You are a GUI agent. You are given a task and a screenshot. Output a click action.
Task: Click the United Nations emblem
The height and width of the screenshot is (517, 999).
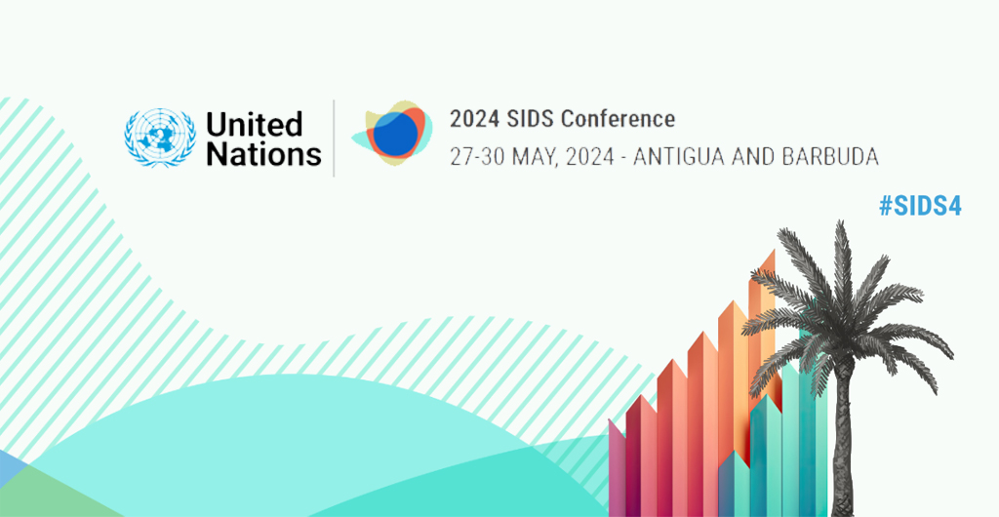[x=160, y=138]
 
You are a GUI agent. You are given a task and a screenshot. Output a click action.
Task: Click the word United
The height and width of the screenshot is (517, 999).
[x=254, y=124]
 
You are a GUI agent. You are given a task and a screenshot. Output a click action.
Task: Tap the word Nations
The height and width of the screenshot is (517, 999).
[x=263, y=153]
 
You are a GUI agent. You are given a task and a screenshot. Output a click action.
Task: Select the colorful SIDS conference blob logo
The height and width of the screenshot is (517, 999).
[x=392, y=133]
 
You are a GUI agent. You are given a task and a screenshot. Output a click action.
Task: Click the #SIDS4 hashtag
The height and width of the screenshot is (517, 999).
[x=920, y=206]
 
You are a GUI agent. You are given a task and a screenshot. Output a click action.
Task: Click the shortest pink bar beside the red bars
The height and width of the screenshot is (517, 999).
[x=618, y=468]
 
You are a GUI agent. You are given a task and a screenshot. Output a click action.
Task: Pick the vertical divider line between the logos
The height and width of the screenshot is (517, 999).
[x=334, y=138]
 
